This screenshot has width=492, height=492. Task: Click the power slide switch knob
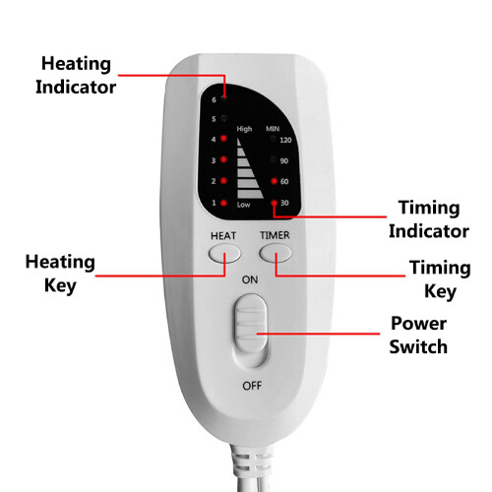click(251, 323)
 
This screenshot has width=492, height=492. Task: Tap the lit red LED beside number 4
click(223, 138)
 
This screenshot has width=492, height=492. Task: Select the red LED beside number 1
click(223, 203)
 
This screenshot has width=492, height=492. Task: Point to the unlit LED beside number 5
click(223, 118)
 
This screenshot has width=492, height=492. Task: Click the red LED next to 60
click(275, 181)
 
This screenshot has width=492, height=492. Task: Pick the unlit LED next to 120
click(273, 139)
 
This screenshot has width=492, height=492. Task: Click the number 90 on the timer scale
click(284, 160)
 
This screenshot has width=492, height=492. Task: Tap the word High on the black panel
click(244, 129)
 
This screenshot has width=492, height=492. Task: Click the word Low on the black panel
click(243, 205)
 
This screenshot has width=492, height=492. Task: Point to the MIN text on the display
click(273, 129)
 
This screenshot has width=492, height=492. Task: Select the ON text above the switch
click(250, 279)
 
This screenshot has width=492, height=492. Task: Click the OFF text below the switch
click(252, 386)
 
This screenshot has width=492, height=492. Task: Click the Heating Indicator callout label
click(76, 75)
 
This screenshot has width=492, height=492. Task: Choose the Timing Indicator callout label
click(429, 219)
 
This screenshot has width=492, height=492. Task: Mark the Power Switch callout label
click(418, 335)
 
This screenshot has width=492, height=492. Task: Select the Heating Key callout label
click(60, 275)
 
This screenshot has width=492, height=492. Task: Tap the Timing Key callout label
click(440, 279)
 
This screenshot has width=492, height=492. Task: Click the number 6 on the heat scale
click(214, 99)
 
